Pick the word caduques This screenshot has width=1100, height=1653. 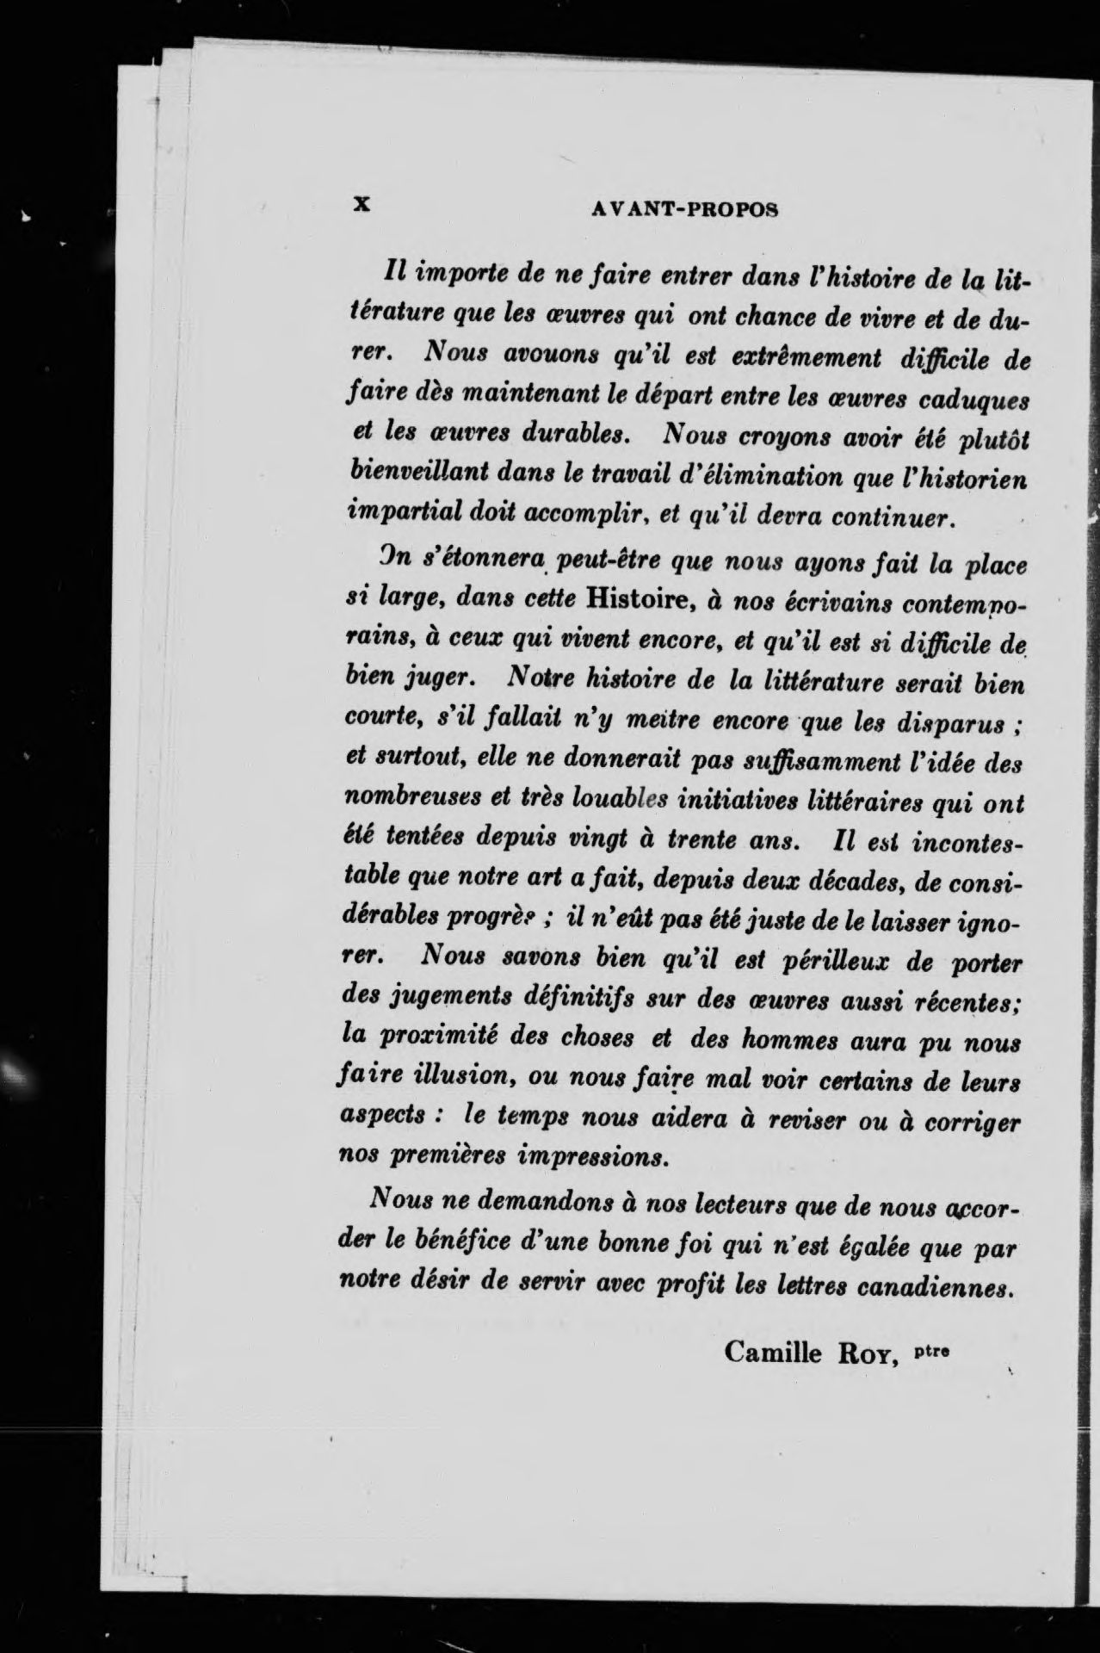click(973, 402)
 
